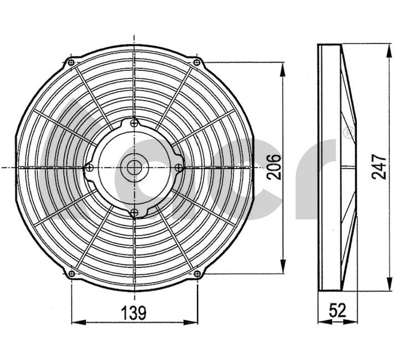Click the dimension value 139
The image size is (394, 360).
tap(133, 313)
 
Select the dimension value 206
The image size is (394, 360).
tap(274, 167)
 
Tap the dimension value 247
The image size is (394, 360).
tap(379, 167)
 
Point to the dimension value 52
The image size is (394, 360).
tap(338, 310)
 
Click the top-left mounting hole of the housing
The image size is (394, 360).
tap(71, 62)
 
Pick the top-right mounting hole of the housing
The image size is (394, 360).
tap(197, 62)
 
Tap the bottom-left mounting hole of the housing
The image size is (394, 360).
tap(71, 274)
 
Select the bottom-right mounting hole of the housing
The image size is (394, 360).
tap(197, 274)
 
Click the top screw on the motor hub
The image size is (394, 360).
tap(134, 123)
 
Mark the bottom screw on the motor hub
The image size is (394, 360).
tap(134, 213)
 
